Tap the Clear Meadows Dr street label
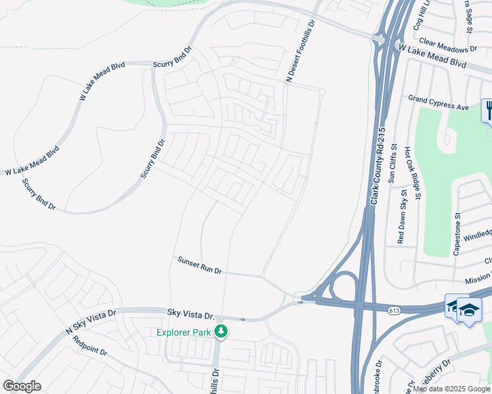(x=447, y=45)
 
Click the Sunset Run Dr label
(x=200, y=265)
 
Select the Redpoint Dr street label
(x=91, y=346)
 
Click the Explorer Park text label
(x=184, y=332)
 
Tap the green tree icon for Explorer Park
(x=222, y=332)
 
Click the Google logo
(x=22, y=385)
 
